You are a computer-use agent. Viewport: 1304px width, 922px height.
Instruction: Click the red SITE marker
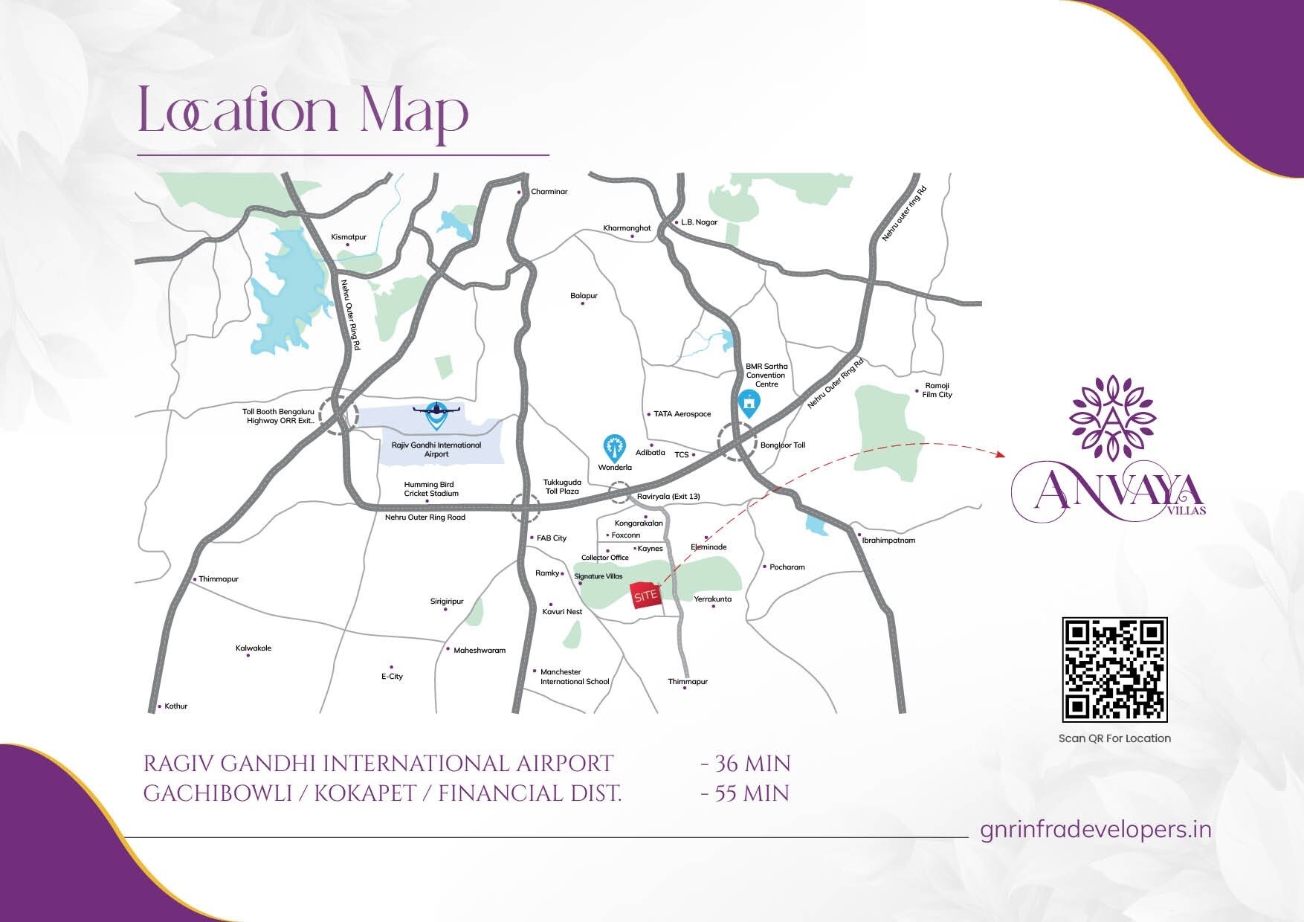(x=646, y=596)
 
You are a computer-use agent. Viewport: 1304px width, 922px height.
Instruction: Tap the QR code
(x=1114, y=669)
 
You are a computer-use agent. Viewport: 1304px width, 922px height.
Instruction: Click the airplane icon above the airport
(x=436, y=409)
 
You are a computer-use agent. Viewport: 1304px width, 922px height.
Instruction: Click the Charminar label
(x=549, y=192)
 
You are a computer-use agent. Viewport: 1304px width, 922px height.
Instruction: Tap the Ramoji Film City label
(x=937, y=390)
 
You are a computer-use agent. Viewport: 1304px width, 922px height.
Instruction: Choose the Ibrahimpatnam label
(x=888, y=541)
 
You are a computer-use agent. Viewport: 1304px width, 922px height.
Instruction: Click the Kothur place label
(x=176, y=706)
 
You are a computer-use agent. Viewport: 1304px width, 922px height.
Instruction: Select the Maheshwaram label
(x=480, y=651)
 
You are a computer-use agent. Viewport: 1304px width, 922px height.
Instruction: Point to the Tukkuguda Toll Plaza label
(x=562, y=487)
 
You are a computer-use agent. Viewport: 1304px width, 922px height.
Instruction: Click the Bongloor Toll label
(x=782, y=445)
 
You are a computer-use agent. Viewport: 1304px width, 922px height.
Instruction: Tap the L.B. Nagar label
(x=699, y=222)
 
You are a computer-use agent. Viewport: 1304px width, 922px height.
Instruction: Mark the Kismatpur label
(x=349, y=237)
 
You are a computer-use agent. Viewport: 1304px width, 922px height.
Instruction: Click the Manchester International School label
(x=574, y=677)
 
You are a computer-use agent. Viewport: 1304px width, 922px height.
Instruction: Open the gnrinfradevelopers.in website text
(x=1096, y=830)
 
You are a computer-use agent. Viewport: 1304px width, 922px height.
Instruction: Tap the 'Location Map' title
(x=303, y=112)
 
